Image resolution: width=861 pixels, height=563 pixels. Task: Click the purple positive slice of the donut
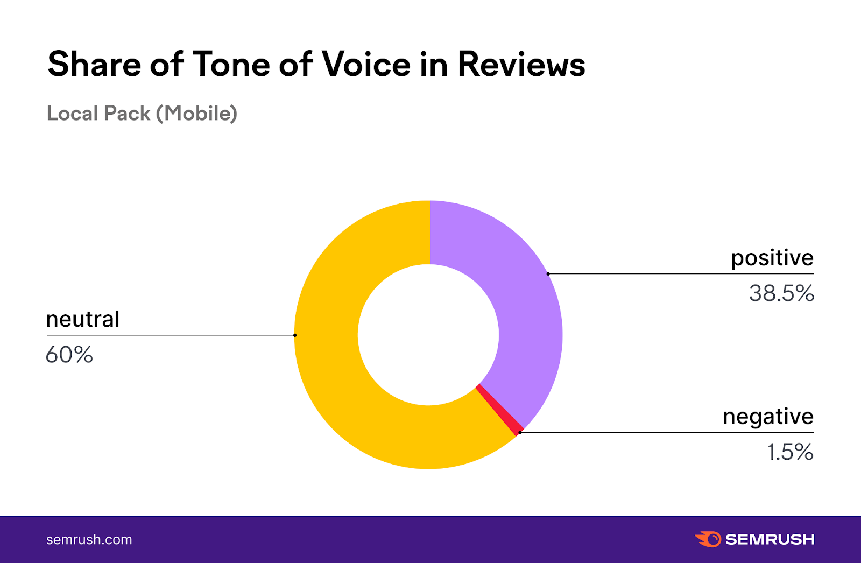tap(517, 301)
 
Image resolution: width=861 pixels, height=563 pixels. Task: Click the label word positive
tap(772, 258)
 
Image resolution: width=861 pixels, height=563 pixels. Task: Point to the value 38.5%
tap(781, 293)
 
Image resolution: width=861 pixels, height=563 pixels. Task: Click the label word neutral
tap(82, 319)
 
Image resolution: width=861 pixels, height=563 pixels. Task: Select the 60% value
tap(69, 355)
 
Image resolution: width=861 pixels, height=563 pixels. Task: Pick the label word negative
tap(768, 417)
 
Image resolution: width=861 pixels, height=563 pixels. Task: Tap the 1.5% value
tap(790, 452)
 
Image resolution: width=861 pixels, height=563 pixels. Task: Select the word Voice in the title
tap(366, 65)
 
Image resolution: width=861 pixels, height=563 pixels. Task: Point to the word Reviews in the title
tap(521, 65)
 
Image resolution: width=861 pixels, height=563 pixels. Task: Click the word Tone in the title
tap(231, 65)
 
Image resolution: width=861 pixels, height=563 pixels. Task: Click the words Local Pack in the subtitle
tap(98, 114)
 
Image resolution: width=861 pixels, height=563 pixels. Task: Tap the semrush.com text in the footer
tap(89, 540)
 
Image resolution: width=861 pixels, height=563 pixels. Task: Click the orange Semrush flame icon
tap(708, 539)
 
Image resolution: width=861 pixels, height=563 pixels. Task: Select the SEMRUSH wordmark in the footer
tap(770, 539)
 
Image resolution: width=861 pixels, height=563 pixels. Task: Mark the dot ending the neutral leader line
tap(295, 335)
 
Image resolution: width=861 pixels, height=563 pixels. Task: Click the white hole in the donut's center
tap(428, 335)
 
